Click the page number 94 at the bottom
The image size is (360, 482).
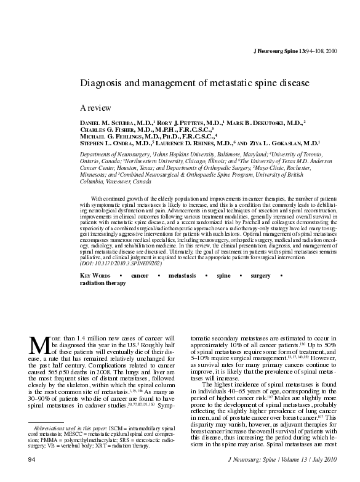(30, 459)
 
